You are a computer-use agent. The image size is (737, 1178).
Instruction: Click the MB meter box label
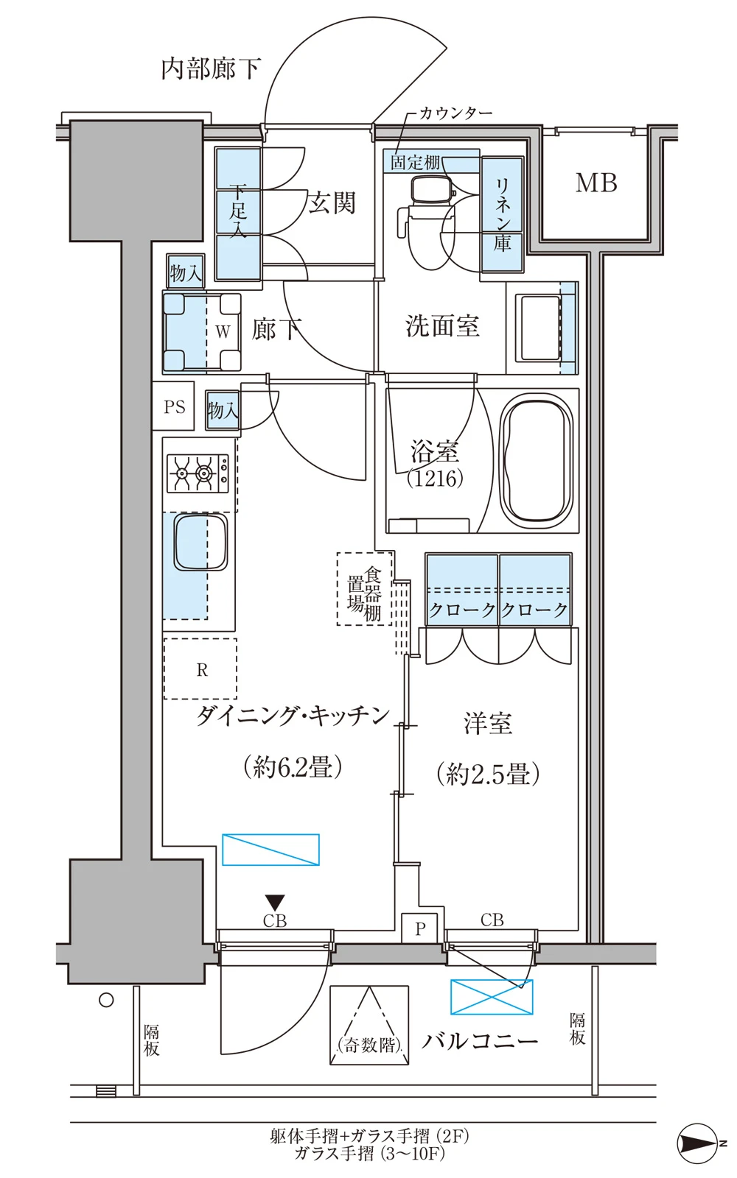tap(596, 183)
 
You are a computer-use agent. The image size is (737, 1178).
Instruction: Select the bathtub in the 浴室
tap(536, 461)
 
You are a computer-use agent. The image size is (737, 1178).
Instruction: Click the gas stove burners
tap(198, 473)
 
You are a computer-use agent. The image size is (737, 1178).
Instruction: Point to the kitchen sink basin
tap(201, 542)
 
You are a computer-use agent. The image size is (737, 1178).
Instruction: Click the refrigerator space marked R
tap(200, 669)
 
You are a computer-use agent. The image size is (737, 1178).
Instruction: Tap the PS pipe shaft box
tap(174, 406)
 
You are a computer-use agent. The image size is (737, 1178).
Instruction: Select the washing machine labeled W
tap(202, 332)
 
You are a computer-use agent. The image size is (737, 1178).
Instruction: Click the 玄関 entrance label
tap(332, 203)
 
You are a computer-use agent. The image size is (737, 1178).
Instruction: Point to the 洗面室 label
tap(442, 326)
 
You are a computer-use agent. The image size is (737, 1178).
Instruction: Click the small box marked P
tap(419, 929)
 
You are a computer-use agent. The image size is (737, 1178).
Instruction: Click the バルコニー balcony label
tap(480, 1040)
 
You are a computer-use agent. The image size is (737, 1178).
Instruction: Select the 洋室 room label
tap(488, 724)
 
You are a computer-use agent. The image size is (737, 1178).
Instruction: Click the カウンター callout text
tap(456, 113)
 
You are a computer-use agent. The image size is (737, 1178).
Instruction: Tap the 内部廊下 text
tap(211, 69)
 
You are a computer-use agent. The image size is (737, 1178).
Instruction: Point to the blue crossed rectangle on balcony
tap(492, 997)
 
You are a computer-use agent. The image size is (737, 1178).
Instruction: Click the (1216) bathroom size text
tap(435, 478)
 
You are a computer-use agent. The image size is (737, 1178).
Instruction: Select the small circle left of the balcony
tap(106, 1000)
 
